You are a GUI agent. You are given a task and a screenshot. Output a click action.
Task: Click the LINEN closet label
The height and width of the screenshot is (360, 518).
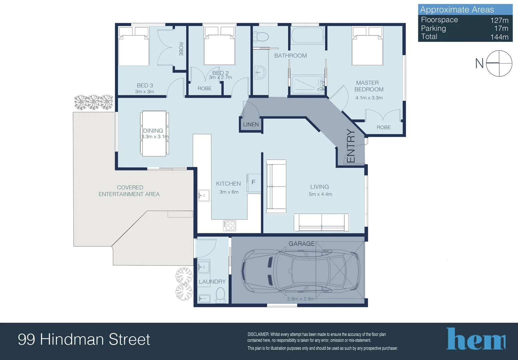click(251, 125)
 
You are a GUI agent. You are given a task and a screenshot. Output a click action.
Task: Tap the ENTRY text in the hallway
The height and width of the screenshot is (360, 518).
click(351, 146)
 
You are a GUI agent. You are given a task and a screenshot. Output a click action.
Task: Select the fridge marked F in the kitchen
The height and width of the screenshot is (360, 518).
click(254, 183)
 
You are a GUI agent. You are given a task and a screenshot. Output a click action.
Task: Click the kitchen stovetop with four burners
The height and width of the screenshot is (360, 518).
click(229, 226)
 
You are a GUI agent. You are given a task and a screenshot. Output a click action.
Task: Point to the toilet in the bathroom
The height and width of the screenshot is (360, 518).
click(261, 37)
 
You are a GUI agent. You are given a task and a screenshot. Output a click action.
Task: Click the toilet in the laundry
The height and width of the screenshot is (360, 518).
click(220, 295)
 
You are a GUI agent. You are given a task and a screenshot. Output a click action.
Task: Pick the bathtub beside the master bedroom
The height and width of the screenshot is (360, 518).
click(307, 35)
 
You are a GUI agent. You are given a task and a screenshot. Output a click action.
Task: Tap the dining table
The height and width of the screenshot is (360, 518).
click(154, 134)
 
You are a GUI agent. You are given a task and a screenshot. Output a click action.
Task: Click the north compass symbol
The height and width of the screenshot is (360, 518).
click(499, 63)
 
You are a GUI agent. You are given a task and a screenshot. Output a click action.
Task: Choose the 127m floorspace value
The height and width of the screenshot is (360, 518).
click(500, 20)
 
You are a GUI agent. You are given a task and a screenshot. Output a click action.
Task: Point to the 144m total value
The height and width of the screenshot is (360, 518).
click(500, 37)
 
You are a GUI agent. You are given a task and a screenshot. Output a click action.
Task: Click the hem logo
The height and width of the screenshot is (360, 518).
click(476, 339)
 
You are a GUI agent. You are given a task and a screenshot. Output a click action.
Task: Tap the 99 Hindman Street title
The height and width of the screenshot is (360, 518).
click(84, 339)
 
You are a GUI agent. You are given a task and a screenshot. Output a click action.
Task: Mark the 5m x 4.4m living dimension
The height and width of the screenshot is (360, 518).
click(320, 194)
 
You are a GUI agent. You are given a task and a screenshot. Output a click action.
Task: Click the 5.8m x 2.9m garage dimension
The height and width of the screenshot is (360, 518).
click(301, 299)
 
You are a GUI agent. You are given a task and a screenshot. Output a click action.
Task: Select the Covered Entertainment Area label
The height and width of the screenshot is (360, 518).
click(129, 191)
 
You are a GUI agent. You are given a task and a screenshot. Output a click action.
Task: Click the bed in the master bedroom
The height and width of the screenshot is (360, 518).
click(368, 46)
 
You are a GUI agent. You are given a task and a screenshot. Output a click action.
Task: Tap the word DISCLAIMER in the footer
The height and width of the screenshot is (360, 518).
click(258, 334)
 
